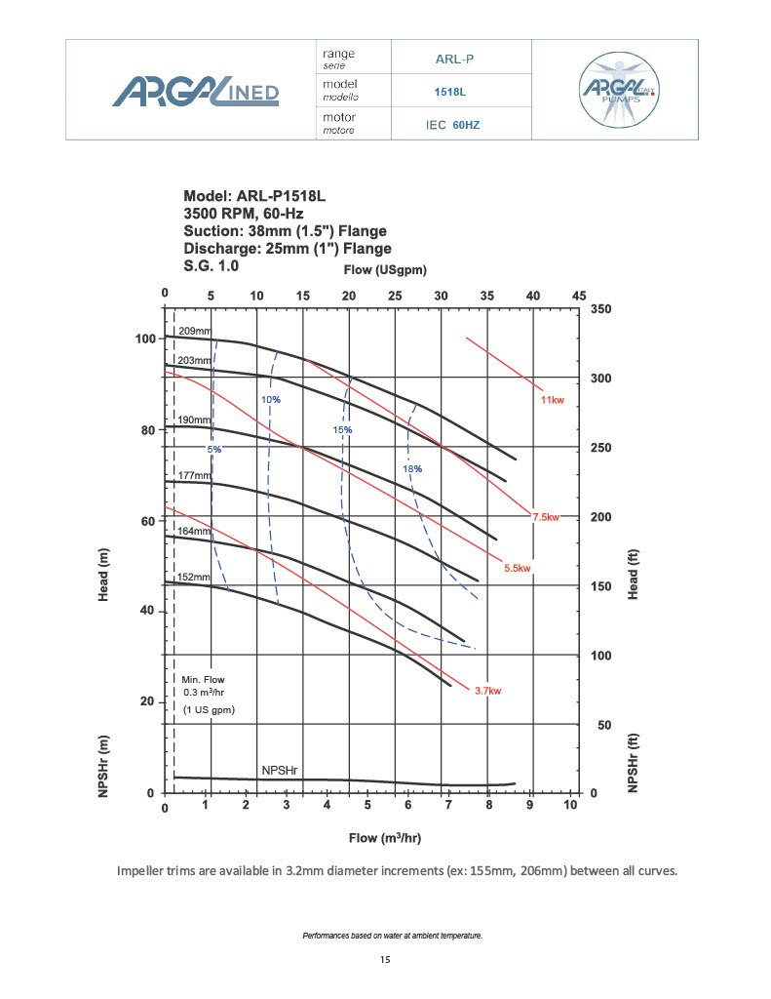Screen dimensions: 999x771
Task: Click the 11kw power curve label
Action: point(552,401)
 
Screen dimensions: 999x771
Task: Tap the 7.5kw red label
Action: point(546,517)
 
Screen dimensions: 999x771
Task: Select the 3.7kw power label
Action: point(487,691)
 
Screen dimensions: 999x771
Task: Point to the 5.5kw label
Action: point(517,568)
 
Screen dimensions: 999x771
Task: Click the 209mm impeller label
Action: point(194,332)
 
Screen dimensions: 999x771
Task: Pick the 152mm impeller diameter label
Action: point(193,578)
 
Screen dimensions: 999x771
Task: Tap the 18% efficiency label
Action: point(412,469)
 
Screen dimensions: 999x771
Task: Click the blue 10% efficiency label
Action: point(270,400)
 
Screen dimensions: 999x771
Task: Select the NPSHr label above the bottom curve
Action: point(280,771)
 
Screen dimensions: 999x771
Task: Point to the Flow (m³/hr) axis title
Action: point(385,838)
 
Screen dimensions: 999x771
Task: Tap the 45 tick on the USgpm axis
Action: point(579,295)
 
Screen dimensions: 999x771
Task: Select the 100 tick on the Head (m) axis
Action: point(145,339)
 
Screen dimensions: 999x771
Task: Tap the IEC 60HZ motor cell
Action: point(452,125)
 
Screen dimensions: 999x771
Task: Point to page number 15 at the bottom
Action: point(385,960)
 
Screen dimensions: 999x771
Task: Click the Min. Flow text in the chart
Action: point(203,679)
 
